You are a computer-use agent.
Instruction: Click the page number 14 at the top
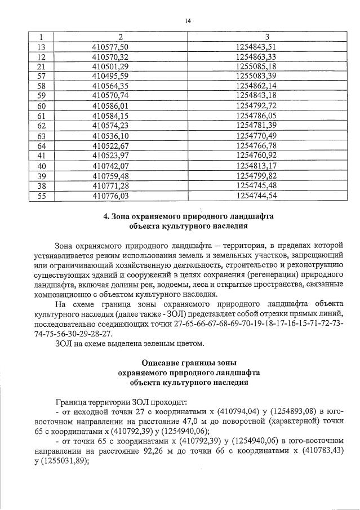[188, 21]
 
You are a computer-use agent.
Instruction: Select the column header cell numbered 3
[256, 36]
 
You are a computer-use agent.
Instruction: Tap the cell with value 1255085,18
[256, 66]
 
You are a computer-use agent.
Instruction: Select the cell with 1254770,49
[256, 136]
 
